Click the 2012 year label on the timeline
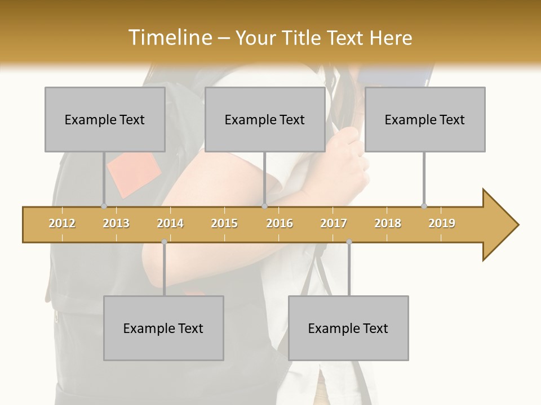tap(62, 223)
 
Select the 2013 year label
tap(116, 223)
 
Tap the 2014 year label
tap(170, 223)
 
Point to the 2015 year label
tap(224, 223)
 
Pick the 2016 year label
tap(280, 223)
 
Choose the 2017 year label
tap(334, 223)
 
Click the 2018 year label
tap(388, 223)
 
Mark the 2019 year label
tap(442, 223)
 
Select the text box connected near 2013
tap(105, 119)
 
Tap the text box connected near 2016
tap(265, 119)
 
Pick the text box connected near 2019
tap(425, 119)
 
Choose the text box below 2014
tap(163, 328)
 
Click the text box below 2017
tap(348, 328)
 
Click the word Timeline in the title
tap(168, 38)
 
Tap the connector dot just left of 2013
tap(104, 206)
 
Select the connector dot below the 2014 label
tap(164, 241)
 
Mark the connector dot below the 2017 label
tap(349, 241)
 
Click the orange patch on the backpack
tap(134, 174)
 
